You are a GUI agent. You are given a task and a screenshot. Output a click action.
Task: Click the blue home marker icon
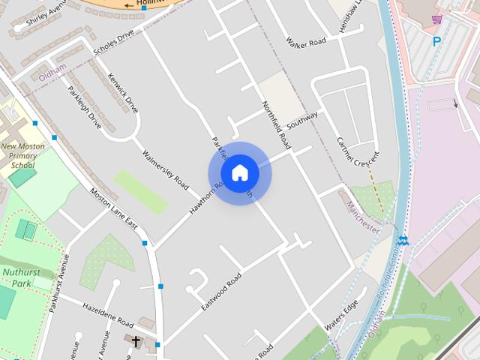pyautogui.click(x=239, y=173)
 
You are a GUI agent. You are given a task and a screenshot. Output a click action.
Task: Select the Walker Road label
pyautogui.click(x=307, y=42)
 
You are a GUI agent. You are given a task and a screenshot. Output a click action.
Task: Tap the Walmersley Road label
pyautogui.click(x=165, y=168)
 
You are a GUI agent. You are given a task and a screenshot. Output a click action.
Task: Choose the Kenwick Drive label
pyautogui.click(x=122, y=93)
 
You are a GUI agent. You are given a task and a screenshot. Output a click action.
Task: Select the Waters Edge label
pyautogui.click(x=341, y=317)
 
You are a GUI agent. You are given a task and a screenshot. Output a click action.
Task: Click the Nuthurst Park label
pyautogui.click(x=16, y=278)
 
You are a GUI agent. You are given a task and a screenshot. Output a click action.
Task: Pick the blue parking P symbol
pyautogui.click(x=436, y=42)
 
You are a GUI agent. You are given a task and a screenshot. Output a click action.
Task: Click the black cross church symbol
pyautogui.click(x=136, y=342)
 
